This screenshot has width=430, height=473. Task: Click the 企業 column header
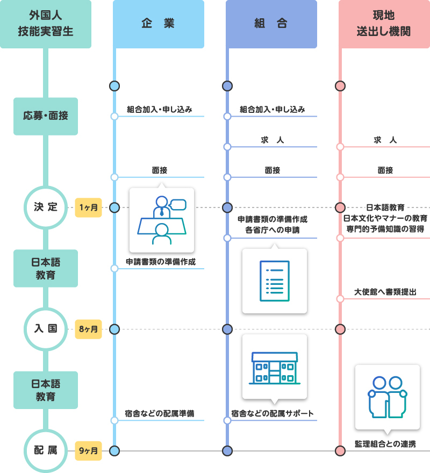tap(159, 24)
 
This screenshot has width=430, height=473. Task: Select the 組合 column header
tap(271, 24)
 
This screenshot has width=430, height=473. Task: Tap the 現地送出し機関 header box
tap(384, 24)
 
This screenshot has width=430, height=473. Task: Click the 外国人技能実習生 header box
tap(45, 24)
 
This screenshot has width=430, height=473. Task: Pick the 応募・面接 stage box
tap(46, 116)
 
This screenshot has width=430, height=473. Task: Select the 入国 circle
tap(46, 329)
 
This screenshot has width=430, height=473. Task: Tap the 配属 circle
tap(46, 450)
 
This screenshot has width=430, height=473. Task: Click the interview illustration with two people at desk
tap(161, 220)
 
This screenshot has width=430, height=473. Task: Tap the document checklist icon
tap(274, 281)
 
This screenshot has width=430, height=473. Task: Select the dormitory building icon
tap(274, 368)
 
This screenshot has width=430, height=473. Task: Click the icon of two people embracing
tap(387, 397)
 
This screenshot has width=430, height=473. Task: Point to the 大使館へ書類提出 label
tap(385, 292)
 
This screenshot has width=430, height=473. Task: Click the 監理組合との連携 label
tap(385, 444)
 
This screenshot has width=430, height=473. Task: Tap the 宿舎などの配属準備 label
tap(160, 414)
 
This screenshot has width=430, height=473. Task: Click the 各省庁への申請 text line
tap(272, 230)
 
